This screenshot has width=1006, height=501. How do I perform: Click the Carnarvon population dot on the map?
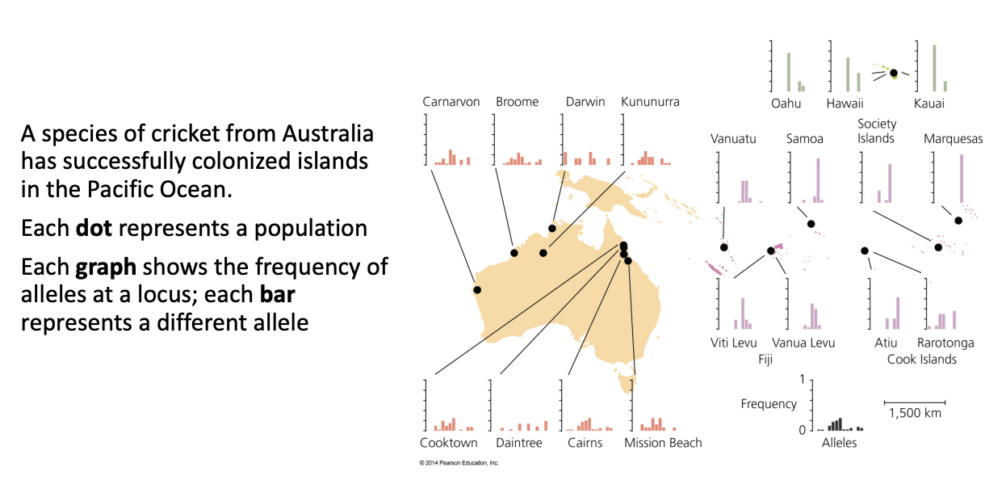pyautogui.click(x=477, y=290)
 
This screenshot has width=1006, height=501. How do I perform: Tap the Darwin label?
pyautogui.click(x=585, y=102)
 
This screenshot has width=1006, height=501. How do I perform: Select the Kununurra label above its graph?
pyautogui.click(x=650, y=102)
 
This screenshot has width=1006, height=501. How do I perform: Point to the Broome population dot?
pyautogui.click(x=514, y=253)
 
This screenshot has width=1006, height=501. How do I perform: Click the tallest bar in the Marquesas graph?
pyautogui.click(x=962, y=179)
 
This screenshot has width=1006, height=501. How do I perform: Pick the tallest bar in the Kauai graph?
pyautogui.click(x=935, y=68)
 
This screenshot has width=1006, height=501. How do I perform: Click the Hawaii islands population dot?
pyautogui.click(x=894, y=73)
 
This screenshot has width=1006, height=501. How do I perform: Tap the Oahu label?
pyautogui.click(x=786, y=103)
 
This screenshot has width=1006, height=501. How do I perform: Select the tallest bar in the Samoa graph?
pyautogui.click(x=818, y=180)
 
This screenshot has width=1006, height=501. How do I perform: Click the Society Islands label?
pyautogui.click(x=877, y=131)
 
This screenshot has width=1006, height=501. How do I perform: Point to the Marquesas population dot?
pyautogui.click(x=958, y=221)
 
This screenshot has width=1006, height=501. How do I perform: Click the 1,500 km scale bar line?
pyautogui.click(x=915, y=402)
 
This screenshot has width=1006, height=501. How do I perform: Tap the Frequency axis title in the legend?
pyautogui.click(x=769, y=404)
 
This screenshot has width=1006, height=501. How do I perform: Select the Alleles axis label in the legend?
pyautogui.click(x=839, y=443)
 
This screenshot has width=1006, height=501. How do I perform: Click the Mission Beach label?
pyautogui.click(x=663, y=443)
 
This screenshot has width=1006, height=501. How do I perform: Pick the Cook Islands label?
pyautogui.click(x=921, y=359)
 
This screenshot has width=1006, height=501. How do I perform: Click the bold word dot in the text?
pyautogui.click(x=94, y=228)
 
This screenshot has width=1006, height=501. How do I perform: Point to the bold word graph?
pyautogui.click(x=106, y=267)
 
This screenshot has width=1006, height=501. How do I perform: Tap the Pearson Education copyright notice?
pyautogui.click(x=459, y=463)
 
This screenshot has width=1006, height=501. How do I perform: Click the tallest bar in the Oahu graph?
pyautogui.click(x=789, y=72)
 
